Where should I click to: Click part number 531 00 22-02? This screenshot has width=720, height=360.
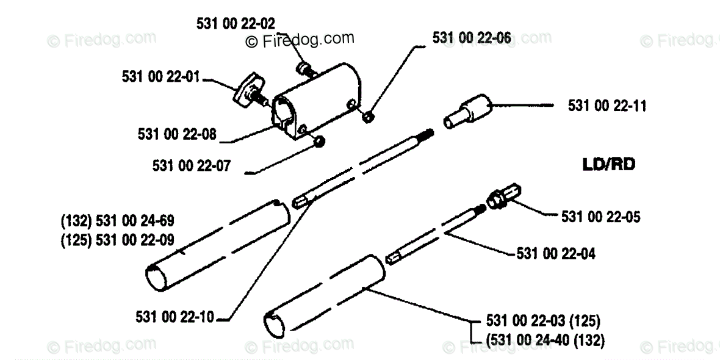tap(236, 23)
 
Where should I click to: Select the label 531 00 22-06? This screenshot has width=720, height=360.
tap(472, 38)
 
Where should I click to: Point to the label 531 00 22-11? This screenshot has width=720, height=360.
tap(607, 106)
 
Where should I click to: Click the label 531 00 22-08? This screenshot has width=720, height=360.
tap(177, 134)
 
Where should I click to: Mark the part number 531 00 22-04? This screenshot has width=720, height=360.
tap(556, 252)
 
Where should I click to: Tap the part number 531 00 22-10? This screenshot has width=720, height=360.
tap(176, 317)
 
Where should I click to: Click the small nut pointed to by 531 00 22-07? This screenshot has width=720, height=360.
tap(319, 142)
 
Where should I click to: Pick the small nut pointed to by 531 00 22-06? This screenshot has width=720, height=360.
tap(367, 116)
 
